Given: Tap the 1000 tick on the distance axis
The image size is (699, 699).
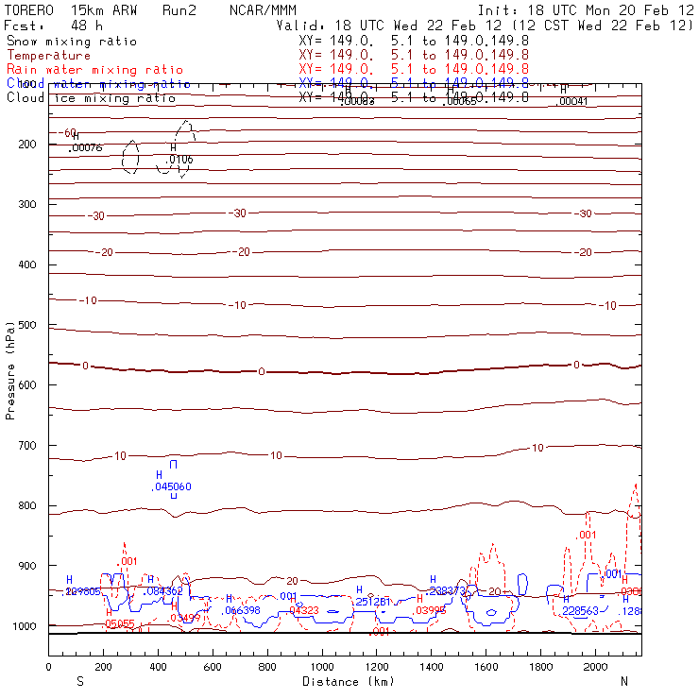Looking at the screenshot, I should tap(323, 667).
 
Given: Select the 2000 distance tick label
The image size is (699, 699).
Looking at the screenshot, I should tap(596, 667).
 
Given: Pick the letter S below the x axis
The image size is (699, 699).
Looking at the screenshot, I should tap(79, 680).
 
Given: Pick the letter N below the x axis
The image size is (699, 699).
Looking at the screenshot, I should tap(624, 680).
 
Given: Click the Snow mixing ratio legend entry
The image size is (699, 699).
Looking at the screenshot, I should tap(72, 42).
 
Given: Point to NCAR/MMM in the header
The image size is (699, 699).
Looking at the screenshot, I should tap(263, 10).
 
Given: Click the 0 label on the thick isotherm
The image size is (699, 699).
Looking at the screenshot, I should tap(262, 372).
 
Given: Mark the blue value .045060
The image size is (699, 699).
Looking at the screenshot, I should tap(172, 487).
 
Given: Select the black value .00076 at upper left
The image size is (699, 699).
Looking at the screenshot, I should tap(87, 147).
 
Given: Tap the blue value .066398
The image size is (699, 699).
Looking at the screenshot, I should tap(242, 610).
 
